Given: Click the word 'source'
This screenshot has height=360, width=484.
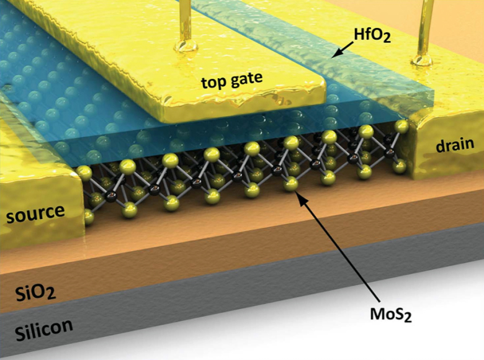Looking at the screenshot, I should tap(35, 213).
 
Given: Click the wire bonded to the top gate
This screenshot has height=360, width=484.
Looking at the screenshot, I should tap(185, 19).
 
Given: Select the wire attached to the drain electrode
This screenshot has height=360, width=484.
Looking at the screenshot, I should tap(425, 25).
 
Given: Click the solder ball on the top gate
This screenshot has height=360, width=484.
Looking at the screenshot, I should tap(186, 46).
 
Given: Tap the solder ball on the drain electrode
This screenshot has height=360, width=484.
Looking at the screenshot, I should tap(424, 60).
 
